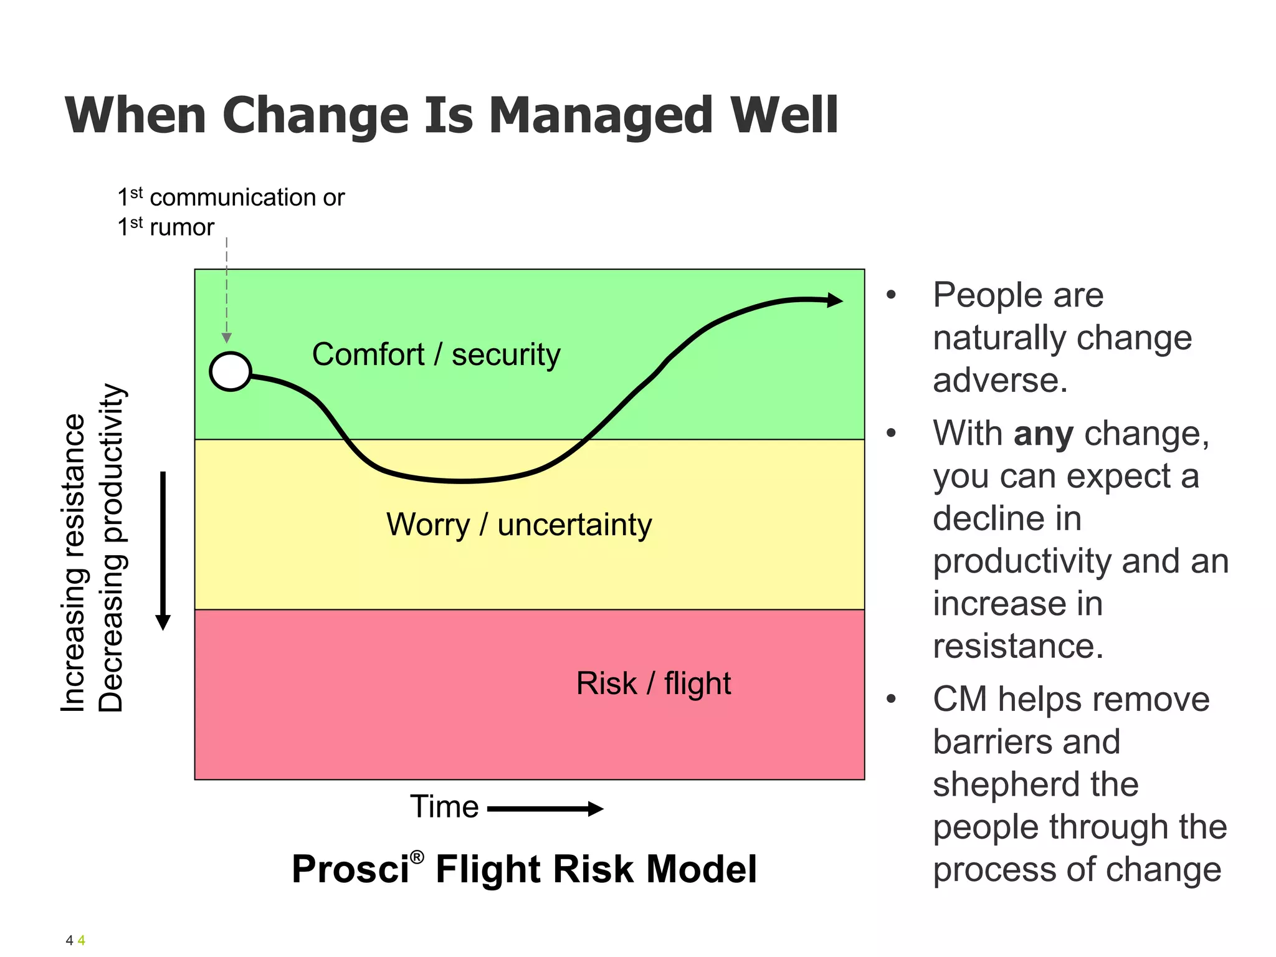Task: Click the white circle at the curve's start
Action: tap(231, 371)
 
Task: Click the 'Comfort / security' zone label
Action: tap(436, 355)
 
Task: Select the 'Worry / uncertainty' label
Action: tap(518, 524)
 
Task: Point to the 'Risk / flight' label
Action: tap(653, 683)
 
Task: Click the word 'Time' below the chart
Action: tap(444, 807)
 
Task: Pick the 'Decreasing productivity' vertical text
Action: tap(112, 548)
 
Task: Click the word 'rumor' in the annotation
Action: tap(182, 227)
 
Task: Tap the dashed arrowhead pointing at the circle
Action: tap(227, 338)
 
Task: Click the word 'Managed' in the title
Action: tap(601, 116)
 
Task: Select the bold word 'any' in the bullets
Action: tap(1043, 434)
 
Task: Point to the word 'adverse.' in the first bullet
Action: tap(1000, 380)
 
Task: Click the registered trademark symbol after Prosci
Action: tap(417, 857)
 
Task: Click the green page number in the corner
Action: tap(81, 940)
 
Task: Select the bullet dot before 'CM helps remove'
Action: tap(891, 699)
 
